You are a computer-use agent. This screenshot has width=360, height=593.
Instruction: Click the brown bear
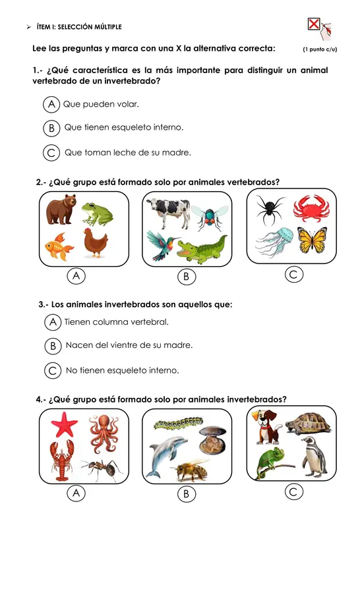(61, 209)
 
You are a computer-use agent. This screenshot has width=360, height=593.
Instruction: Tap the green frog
(98, 213)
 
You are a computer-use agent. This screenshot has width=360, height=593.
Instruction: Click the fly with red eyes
(210, 217)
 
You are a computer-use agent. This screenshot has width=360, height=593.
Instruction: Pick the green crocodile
(202, 250)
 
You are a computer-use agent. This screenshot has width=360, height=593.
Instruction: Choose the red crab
(311, 208)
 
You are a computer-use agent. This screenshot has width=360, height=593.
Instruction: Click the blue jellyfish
(276, 241)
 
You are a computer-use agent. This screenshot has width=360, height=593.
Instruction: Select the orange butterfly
(313, 240)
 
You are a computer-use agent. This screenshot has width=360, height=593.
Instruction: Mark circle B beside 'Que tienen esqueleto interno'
(51, 128)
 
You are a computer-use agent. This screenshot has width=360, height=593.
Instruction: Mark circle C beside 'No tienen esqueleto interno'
(53, 370)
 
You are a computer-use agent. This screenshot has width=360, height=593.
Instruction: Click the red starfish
(65, 424)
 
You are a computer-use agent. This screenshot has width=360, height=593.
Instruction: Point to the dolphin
(166, 456)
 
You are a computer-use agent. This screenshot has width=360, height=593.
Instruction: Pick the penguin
(315, 456)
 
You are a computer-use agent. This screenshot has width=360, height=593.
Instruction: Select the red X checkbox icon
(314, 24)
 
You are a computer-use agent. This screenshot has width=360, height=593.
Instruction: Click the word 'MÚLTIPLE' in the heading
(108, 27)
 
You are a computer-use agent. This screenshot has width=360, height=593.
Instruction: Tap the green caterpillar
(178, 423)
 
